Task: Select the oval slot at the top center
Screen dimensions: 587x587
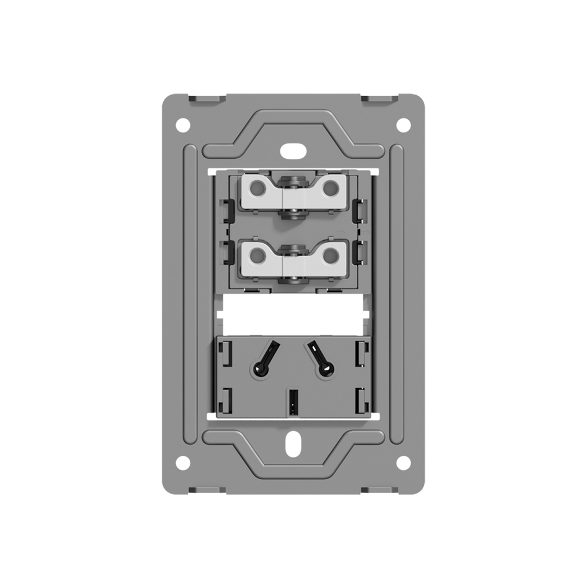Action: tap(293, 151)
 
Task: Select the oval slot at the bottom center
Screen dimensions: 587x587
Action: tap(293, 444)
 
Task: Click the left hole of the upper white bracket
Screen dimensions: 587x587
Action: tap(257, 187)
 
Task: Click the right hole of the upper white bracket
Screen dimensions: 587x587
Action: tap(330, 187)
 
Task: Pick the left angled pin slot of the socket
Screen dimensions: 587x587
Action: tap(266, 359)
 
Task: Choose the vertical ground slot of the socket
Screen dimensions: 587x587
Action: tap(293, 402)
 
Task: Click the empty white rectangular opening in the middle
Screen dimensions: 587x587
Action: tap(293, 315)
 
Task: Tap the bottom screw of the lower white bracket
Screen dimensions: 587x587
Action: tap(293, 280)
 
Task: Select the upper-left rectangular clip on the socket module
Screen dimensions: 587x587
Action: tap(226, 354)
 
